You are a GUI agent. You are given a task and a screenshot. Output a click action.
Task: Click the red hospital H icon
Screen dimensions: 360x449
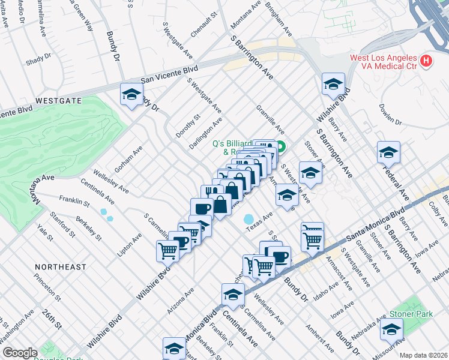click(427, 61)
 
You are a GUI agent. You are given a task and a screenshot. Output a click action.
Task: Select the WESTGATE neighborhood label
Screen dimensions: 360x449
click(58, 101)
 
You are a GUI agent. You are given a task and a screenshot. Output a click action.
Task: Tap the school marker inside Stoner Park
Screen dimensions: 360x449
click(391, 329)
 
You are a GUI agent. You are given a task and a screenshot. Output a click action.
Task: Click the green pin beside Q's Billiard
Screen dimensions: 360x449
click(280, 145)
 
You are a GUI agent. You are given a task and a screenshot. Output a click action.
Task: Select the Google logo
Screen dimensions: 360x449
click(20, 353)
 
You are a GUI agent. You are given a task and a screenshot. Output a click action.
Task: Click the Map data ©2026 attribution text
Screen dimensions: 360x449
click(423, 355)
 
